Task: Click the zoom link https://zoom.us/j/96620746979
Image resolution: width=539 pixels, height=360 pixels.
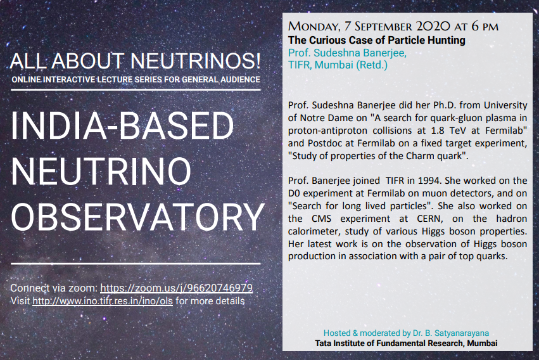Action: pyautogui.click(x=177, y=288)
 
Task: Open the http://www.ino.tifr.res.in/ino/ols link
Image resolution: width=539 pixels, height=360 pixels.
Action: pyautogui.click(x=103, y=301)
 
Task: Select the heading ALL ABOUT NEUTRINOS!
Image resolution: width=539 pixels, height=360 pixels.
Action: pyautogui.click(x=136, y=61)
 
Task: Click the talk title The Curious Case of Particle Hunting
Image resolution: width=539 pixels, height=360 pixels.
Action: pyautogui.click(x=376, y=41)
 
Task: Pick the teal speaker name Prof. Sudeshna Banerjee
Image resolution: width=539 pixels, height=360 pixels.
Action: pyautogui.click(x=347, y=53)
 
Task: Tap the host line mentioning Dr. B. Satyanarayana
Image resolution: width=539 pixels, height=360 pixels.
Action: pyautogui.click(x=406, y=333)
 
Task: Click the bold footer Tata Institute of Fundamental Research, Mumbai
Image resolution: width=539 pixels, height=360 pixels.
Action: pyautogui.click(x=406, y=343)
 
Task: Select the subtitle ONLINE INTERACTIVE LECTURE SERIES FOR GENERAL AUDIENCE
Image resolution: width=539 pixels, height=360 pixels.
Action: pyautogui.click(x=136, y=80)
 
